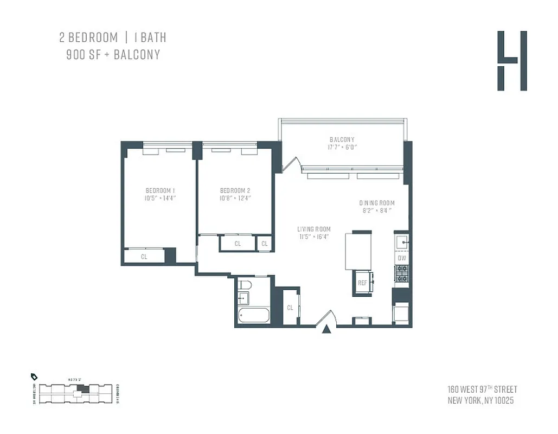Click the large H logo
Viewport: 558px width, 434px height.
click(512, 61)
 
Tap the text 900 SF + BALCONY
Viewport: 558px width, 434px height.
click(113, 55)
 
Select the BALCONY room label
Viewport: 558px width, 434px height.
click(342, 140)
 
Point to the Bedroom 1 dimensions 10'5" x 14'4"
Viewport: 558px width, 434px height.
click(160, 199)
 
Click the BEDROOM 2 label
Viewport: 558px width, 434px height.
click(235, 190)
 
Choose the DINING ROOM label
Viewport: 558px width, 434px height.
click(376, 203)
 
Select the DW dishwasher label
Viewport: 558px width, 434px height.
click(402, 258)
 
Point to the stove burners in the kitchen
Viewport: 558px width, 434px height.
click(402, 273)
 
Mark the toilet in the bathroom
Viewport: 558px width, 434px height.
click(243, 285)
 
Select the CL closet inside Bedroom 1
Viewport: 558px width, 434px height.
click(144, 257)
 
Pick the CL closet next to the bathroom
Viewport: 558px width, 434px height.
click(290, 308)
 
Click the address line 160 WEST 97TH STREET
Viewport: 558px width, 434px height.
click(482, 390)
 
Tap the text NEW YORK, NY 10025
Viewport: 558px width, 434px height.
click(480, 401)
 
